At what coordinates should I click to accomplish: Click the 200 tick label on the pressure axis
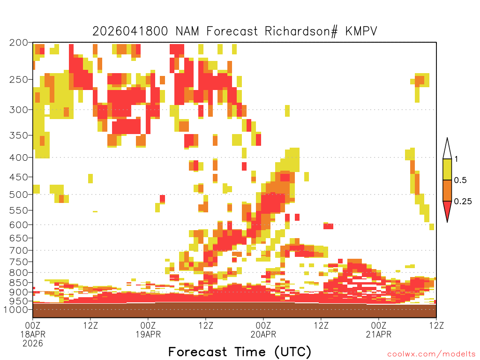tap(19, 42)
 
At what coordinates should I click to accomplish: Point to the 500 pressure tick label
tap(19, 194)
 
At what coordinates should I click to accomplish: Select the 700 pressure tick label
tap(19, 249)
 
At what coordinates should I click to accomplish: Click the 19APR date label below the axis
tap(148, 334)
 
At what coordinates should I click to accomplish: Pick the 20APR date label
tap(263, 334)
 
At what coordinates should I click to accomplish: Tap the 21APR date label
tap(379, 334)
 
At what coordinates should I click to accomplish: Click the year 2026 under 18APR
tap(32, 344)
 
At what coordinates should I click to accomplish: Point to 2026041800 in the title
tap(131, 31)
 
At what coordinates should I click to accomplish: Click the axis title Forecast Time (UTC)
tap(240, 352)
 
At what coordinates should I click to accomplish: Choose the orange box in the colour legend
tap(447, 191)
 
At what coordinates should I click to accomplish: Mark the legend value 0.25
tap(463, 202)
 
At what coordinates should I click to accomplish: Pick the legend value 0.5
tap(460, 180)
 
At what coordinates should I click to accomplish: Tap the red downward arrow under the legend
tap(447, 211)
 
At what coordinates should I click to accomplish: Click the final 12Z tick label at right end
tap(436, 324)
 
